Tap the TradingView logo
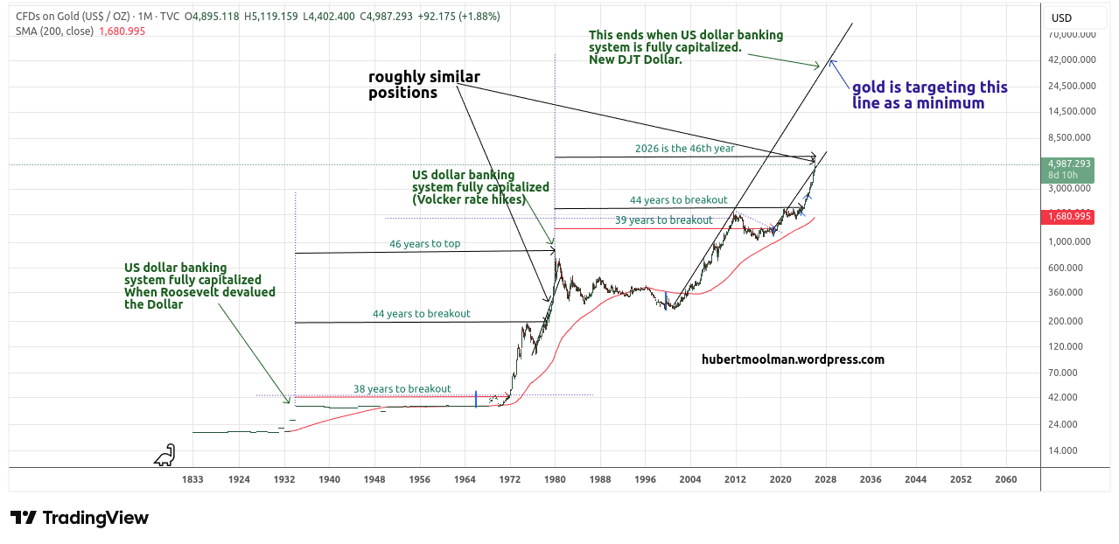click(x=80, y=518)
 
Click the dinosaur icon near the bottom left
click(x=164, y=455)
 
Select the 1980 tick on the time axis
click(x=556, y=479)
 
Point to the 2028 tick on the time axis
click(x=825, y=479)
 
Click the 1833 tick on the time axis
click(x=193, y=479)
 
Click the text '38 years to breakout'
click(x=402, y=389)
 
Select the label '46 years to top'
click(x=424, y=244)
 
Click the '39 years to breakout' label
click(x=663, y=220)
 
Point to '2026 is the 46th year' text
click(x=684, y=149)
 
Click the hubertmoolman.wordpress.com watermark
click(x=793, y=359)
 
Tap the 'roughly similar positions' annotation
click(x=423, y=85)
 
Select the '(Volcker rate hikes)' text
click(x=469, y=199)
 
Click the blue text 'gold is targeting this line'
click(x=929, y=88)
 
